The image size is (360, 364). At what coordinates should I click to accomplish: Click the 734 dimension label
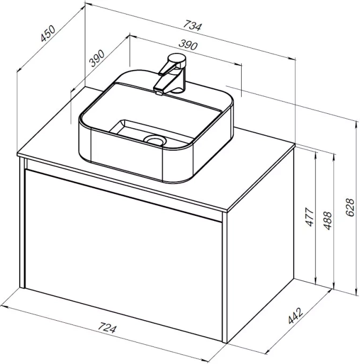pyautogui.click(x=192, y=26)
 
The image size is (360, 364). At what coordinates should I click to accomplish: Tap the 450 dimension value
pyautogui.click(x=48, y=33)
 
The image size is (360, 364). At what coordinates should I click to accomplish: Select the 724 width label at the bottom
pyautogui.click(x=106, y=328)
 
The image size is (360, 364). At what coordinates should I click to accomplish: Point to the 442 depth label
pyautogui.click(x=295, y=315)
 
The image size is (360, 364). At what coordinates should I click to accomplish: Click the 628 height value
pyautogui.click(x=350, y=207)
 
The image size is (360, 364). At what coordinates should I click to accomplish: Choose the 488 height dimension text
pyautogui.click(x=327, y=221)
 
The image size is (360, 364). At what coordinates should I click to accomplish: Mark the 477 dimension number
pyautogui.click(x=309, y=217)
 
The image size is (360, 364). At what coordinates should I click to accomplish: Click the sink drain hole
pyautogui.click(x=155, y=140)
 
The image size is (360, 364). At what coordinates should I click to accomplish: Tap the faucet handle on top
pyautogui.click(x=177, y=60)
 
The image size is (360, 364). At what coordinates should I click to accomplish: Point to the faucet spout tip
pyautogui.click(x=159, y=93)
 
